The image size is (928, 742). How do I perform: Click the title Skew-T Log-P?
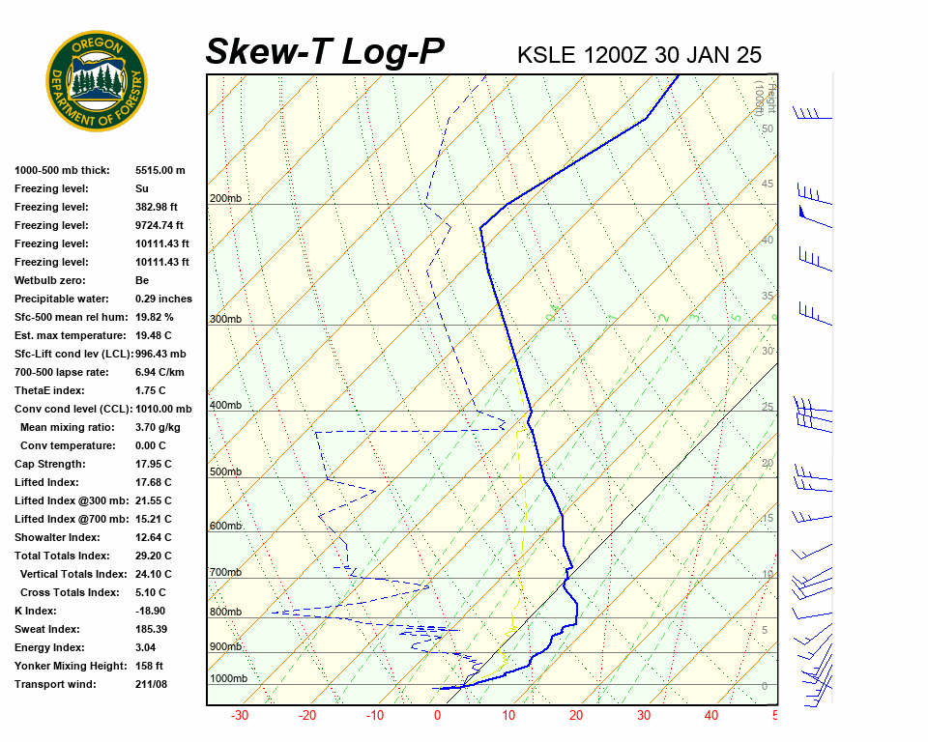pos(325,51)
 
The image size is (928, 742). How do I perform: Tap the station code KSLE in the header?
pos(547,54)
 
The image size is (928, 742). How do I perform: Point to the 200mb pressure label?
pos(225,199)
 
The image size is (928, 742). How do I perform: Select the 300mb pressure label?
pos(225,319)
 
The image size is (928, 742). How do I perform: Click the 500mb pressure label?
pos(225,471)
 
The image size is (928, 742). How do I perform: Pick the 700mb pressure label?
pos(225,573)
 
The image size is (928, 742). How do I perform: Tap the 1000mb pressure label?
pos(228,678)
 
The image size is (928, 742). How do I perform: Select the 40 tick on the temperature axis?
pos(710,716)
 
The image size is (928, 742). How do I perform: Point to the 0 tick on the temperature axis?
pos(437,716)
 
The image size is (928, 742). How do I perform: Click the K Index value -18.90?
pos(152,611)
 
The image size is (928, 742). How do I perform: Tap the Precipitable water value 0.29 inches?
pos(163,299)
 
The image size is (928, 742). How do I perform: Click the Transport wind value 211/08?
pos(152,684)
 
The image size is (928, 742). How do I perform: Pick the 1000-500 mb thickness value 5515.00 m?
pos(160,170)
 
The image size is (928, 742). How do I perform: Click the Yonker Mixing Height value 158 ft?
pos(149,666)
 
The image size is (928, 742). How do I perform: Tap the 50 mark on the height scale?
pos(768,128)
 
